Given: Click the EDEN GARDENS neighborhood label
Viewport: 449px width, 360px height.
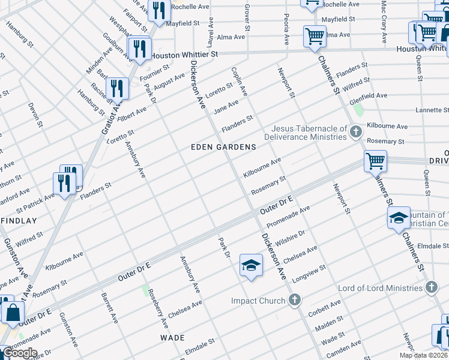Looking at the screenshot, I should (x=223, y=147).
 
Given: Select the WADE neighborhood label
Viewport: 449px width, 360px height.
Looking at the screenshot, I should (x=172, y=338).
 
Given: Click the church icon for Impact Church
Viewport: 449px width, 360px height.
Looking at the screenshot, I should (x=294, y=301).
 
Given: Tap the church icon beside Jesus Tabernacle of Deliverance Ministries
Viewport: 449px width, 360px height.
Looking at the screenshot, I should (x=355, y=132).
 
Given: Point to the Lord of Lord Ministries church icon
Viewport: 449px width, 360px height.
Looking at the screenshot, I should (x=430, y=289).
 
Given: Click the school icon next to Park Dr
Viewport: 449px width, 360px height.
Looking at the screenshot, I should (x=251, y=265).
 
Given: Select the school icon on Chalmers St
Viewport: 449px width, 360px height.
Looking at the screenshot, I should (x=399, y=218).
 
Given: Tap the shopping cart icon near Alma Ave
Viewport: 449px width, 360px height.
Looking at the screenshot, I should (x=314, y=35).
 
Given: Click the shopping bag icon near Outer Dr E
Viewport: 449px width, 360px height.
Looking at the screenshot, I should (x=12, y=311).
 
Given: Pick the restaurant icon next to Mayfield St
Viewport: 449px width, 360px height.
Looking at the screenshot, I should (x=159, y=10).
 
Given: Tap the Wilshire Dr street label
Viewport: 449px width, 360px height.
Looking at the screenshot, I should (x=293, y=235).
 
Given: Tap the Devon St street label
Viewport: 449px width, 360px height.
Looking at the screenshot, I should (x=36, y=115).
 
